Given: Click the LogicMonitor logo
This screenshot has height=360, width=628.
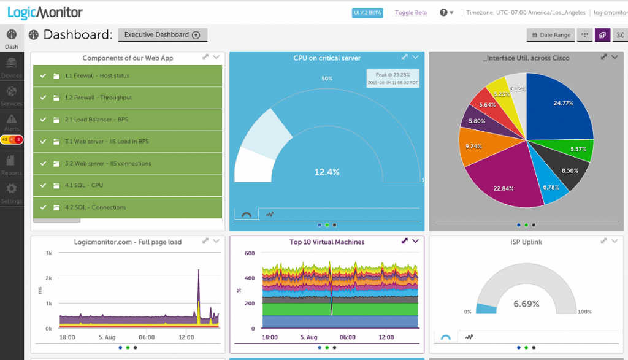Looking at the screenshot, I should [45, 12].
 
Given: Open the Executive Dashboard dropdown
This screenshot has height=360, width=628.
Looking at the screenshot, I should [163, 35].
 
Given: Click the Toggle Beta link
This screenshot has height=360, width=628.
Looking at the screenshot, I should [410, 12].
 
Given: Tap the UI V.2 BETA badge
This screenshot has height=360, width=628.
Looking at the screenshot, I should [368, 12].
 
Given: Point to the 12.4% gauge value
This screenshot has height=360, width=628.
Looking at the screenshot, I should [327, 172].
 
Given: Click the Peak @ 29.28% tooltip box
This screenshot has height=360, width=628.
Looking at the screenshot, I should [393, 78].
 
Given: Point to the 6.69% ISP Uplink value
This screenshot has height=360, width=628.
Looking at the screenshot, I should [526, 304].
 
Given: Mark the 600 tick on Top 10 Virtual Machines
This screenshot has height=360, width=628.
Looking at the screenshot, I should [249, 253].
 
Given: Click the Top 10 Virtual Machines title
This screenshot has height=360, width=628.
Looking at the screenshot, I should [327, 242].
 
